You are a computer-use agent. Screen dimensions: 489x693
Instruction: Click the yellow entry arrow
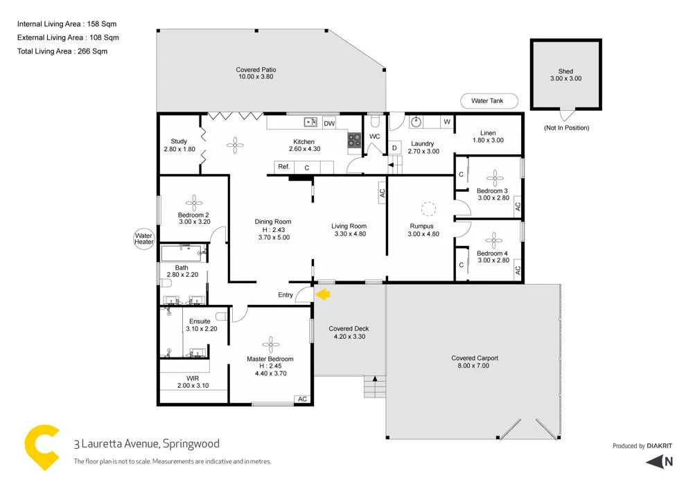click(323, 294)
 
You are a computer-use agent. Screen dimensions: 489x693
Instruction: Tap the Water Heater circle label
click(143, 240)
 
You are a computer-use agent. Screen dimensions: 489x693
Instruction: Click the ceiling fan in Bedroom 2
click(195, 202)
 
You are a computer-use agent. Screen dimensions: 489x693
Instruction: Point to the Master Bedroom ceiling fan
click(270, 344)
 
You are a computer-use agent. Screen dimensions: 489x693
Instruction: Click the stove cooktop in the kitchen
click(355, 140)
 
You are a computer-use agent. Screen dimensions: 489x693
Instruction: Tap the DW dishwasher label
click(329, 123)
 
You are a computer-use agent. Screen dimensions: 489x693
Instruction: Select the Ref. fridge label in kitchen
click(283, 167)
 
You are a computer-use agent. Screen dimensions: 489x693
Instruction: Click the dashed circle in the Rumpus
click(428, 208)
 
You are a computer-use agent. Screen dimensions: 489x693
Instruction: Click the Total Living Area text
click(62, 51)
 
